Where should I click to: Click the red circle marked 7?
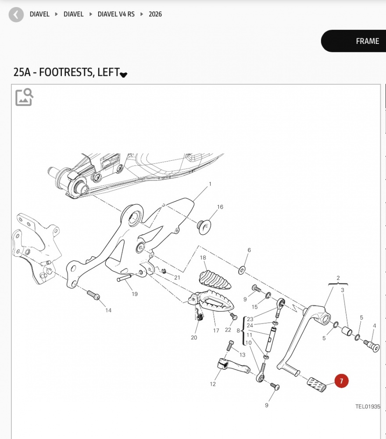click(341, 381)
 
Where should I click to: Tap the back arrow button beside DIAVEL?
click(16, 14)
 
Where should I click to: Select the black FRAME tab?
click(354, 41)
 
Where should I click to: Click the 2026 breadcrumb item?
click(155, 14)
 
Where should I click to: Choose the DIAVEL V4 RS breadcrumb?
click(116, 14)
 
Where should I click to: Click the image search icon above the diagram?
click(24, 97)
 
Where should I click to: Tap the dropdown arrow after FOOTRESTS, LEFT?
click(123, 75)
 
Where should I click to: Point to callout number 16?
click(220, 207)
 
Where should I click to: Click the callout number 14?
click(108, 310)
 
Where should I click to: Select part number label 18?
click(203, 258)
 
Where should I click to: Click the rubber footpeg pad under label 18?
click(215, 280)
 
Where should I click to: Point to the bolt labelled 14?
click(93, 295)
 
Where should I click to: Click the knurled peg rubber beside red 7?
click(317, 385)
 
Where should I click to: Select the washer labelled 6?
click(242, 270)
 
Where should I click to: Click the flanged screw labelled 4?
click(372, 346)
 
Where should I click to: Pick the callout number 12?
click(213, 384)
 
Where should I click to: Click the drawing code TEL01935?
click(368, 407)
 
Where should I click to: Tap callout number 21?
click(177, 277)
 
